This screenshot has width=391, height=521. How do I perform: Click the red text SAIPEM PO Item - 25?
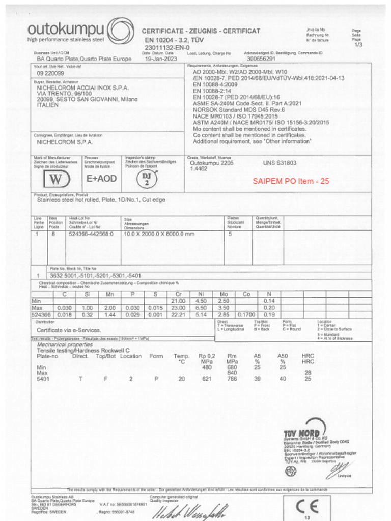[x=291, y=181]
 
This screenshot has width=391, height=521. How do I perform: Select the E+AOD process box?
[x=101, y=179]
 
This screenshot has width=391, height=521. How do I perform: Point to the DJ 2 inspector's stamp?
[x=146, y=179]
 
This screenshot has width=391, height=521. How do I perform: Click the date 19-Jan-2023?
[x=159, y=59]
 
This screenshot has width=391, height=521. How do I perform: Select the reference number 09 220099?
[x=50, y=73]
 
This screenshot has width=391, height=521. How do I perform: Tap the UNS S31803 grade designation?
[x=280, y=163]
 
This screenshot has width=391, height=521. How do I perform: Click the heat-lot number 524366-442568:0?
[x=91, y=234]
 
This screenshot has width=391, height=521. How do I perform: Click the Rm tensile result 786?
[x=232, y=379]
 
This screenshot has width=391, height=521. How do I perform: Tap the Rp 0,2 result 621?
[x=206, y=379]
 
